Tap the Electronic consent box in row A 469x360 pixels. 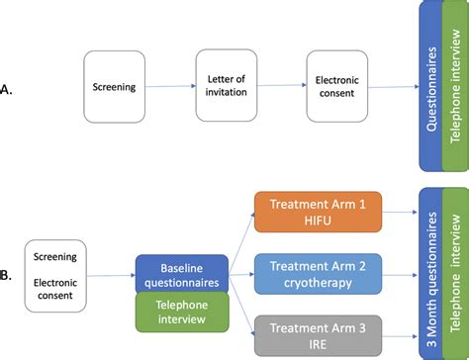[x=336, y=86]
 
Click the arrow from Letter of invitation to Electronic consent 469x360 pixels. [x=280, y=86]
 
